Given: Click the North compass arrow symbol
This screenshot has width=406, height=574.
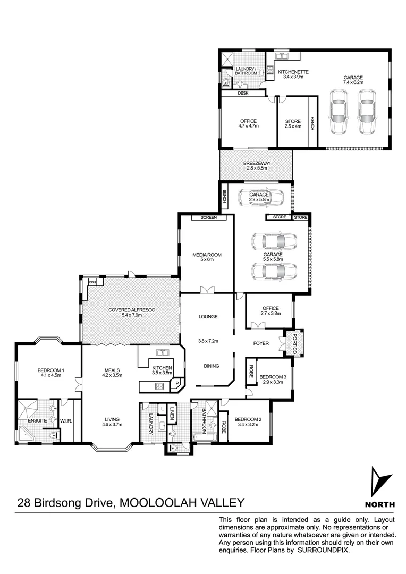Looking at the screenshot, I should pos(379,482).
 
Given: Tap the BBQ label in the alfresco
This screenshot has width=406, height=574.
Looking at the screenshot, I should pos(91,282).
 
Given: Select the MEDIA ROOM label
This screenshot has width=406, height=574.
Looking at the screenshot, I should pos(207,255).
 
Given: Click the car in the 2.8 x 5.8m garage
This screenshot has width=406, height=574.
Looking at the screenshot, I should pos(260,198).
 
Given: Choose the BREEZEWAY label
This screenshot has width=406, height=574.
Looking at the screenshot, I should pos(256,164).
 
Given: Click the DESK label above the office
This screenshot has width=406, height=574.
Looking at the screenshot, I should pos(243,93).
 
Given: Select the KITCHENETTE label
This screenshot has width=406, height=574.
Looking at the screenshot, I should pos(293,72).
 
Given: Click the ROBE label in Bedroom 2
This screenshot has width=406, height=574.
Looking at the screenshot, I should pos(223,428).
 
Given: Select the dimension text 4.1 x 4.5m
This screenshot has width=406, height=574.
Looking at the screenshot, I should pos(50,375).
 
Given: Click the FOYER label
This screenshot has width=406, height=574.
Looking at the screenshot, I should pos(261,343).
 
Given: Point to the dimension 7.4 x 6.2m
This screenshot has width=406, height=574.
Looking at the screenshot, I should pos(352,82).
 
